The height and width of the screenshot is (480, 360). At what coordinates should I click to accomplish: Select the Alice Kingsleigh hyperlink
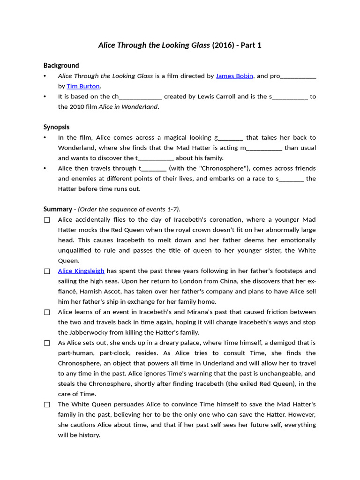tap(81, 271)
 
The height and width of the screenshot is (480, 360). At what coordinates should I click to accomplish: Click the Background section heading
tap(61, 66)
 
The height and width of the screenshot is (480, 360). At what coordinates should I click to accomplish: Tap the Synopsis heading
tap(56, 127)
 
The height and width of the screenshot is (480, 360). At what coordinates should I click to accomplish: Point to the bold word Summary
tap(58, 209)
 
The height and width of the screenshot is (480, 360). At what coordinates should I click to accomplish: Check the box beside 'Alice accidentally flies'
tap(47, 220)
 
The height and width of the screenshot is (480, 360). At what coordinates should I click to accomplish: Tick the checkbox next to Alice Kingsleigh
tap(47, 271)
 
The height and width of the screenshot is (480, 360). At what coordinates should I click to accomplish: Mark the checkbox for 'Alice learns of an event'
tap(47, 312)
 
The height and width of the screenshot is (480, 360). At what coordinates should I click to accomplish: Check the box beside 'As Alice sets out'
tap(47, 343)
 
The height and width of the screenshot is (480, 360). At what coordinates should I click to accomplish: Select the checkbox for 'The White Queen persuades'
tap(47, 405)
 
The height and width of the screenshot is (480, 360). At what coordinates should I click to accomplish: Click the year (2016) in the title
tap(224, 45)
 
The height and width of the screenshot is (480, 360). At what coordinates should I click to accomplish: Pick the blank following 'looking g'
tap(231, 138)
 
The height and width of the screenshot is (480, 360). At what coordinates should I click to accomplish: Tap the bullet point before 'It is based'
tap(45, 97)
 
